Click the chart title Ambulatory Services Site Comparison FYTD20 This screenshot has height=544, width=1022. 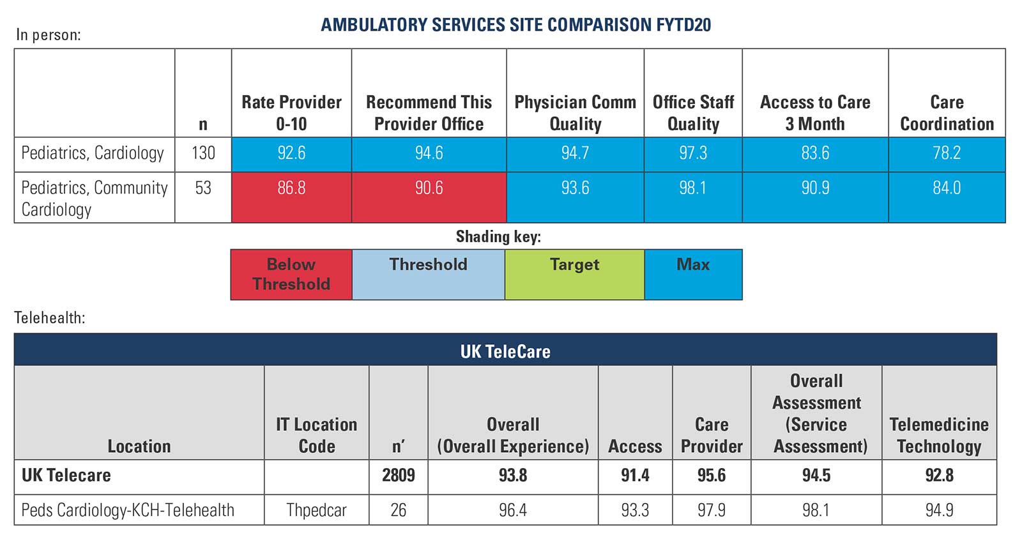pos(515,25)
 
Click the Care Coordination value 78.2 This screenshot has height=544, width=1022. pos(947,153)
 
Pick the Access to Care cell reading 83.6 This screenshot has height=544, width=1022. pos(815,153)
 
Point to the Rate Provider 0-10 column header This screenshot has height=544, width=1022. pos(291,112)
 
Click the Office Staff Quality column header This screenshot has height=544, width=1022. pos(693,112)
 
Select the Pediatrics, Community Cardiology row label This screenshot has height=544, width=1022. pos(94,198)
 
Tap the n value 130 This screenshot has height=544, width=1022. pos(203,153)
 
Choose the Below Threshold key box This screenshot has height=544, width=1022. pos(291,275)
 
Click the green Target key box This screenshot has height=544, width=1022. pos(574,275)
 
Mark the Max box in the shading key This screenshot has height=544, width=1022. pos(693,275)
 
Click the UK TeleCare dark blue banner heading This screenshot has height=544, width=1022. pos(505,351)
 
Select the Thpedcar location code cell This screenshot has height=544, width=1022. pos(316,510)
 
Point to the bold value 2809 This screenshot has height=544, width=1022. pos(398,476)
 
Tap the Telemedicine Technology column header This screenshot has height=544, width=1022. pos(939,435)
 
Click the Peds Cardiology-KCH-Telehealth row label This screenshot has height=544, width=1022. pos(128,510)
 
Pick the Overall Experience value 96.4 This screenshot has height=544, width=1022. pos(513,510)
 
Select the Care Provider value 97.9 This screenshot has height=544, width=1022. pos(712,510)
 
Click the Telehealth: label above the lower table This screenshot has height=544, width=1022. pos(50,317)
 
